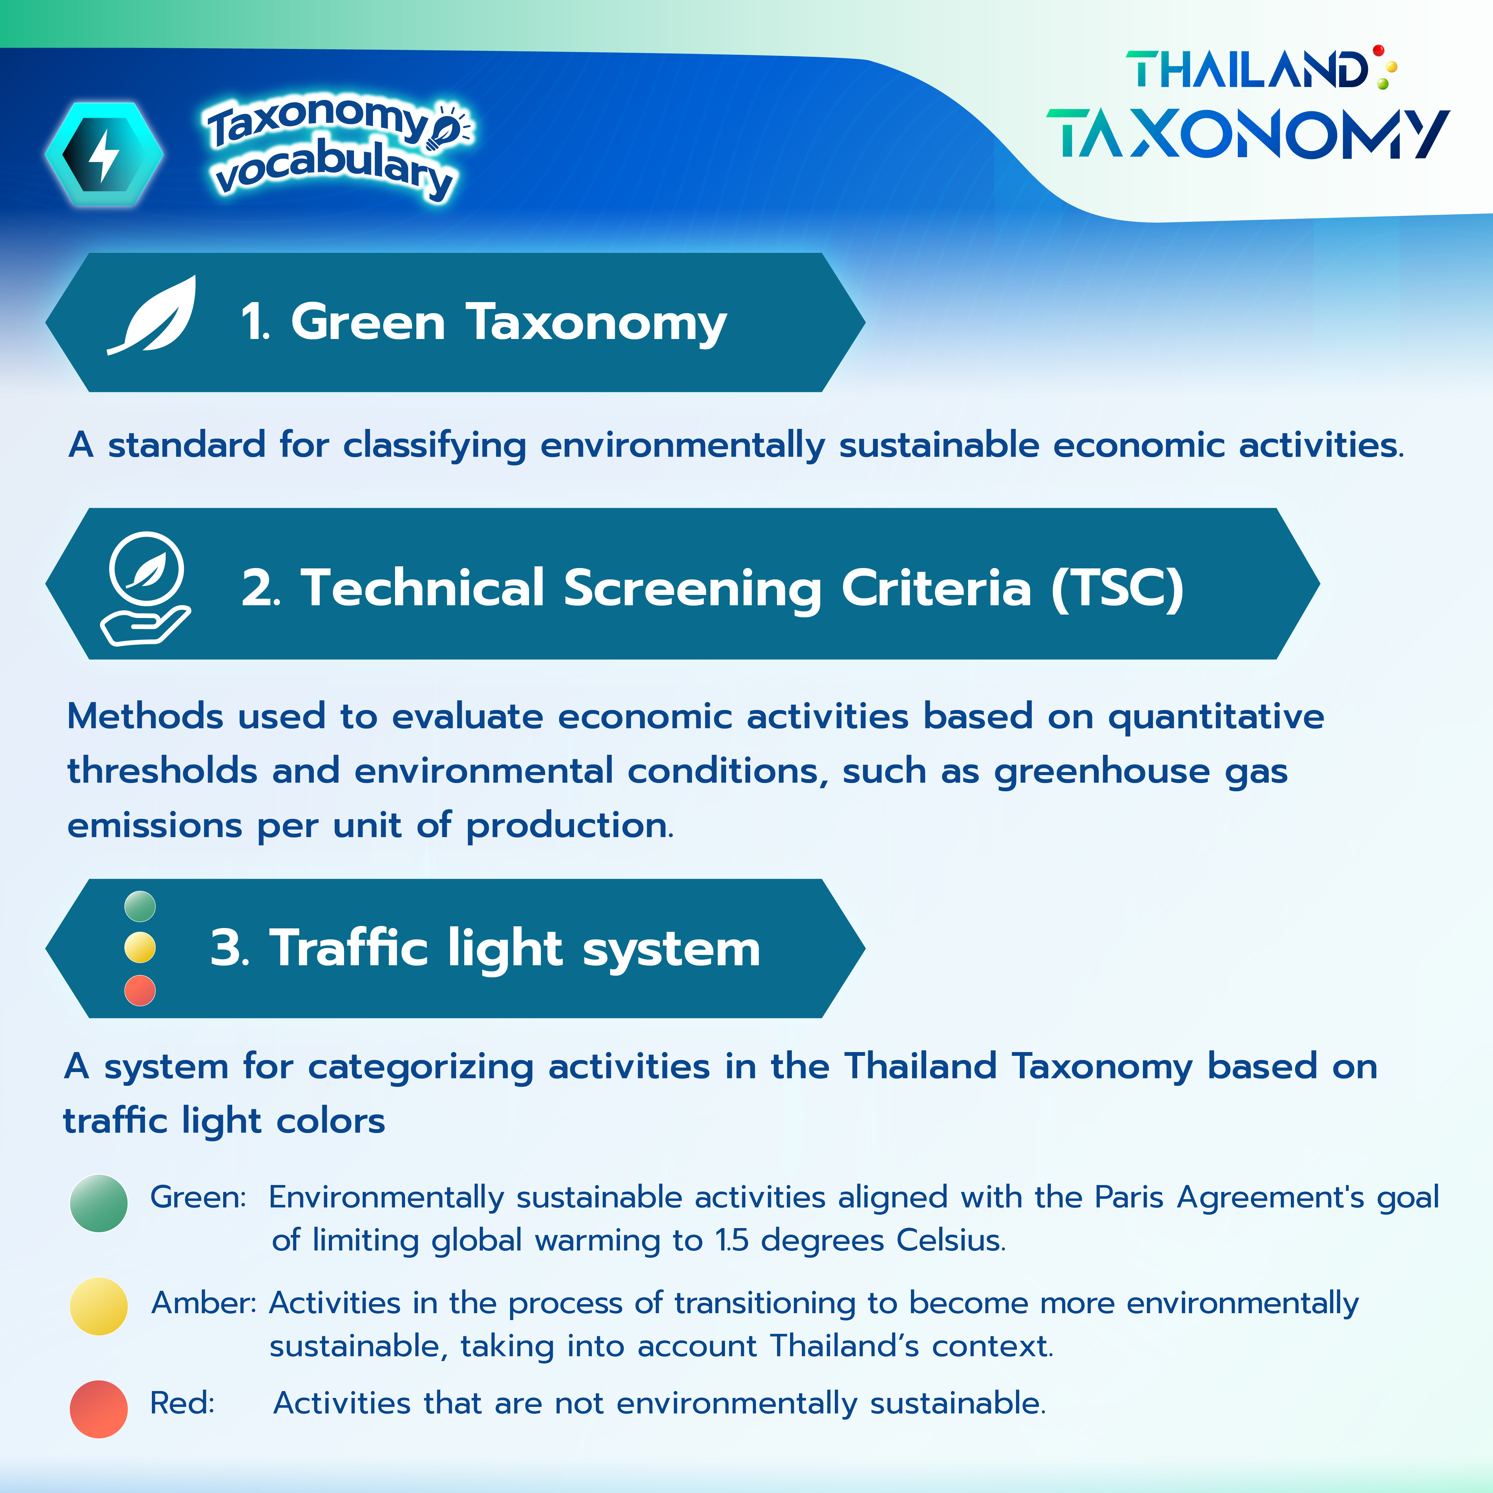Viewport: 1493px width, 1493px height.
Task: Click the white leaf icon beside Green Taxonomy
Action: tap(152, 315)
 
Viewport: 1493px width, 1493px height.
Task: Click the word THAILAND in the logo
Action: tap(1246, 70)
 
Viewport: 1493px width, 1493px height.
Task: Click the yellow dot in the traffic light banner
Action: tap(140, 947)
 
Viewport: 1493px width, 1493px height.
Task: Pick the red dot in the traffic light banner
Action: tap(140, 990)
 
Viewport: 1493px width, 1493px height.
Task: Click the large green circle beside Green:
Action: tap(99, 1203)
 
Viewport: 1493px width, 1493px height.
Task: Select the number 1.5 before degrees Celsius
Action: tap(732, 1240)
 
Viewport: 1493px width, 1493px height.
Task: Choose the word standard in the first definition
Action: tap(186, 445)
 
